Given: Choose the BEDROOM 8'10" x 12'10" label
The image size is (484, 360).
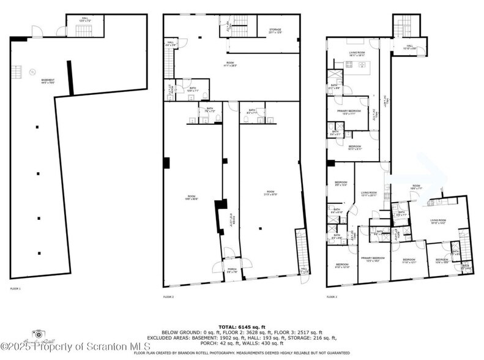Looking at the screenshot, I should (341, 266).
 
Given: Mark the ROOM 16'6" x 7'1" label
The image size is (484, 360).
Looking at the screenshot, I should (416, 187).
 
